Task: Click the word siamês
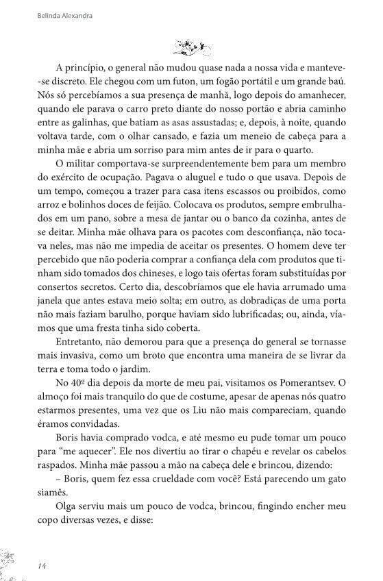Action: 48,498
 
